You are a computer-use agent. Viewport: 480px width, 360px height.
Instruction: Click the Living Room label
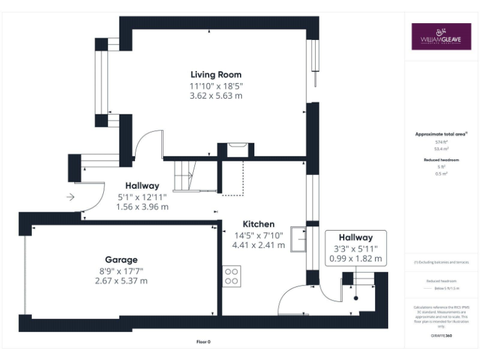click(216, 75)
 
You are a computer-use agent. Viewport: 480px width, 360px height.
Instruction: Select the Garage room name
click(121, 259)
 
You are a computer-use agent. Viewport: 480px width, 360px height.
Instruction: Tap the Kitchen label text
click(258, 224)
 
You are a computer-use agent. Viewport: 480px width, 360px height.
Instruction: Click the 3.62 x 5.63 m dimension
click(216, 96)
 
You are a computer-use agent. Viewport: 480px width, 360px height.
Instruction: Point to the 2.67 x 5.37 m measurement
click(121, 281)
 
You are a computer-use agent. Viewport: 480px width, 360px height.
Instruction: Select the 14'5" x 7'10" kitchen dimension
click(258, 235)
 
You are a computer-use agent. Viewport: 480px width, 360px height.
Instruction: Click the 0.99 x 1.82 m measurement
click(356, 258)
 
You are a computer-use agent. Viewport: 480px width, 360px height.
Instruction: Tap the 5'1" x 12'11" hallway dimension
click(142, 196)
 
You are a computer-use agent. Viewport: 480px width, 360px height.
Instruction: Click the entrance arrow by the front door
click(70, 197)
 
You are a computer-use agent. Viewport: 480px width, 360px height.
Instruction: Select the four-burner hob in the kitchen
click(232, 276)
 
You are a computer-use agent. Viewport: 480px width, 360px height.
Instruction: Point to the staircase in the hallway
click(184, 175)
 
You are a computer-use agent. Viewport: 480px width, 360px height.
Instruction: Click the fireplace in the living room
click(236, 149)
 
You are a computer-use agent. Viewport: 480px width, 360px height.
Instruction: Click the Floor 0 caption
click(204, 342)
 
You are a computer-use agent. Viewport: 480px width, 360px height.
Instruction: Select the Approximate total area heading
click(441, 134)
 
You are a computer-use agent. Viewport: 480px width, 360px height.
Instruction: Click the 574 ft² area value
click(441, 142)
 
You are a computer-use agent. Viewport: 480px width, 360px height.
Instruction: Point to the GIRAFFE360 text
click(441, 336)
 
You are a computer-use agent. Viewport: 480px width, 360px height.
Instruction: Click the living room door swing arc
click(150, 141)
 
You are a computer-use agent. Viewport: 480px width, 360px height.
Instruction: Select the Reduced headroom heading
click(441, 160)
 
